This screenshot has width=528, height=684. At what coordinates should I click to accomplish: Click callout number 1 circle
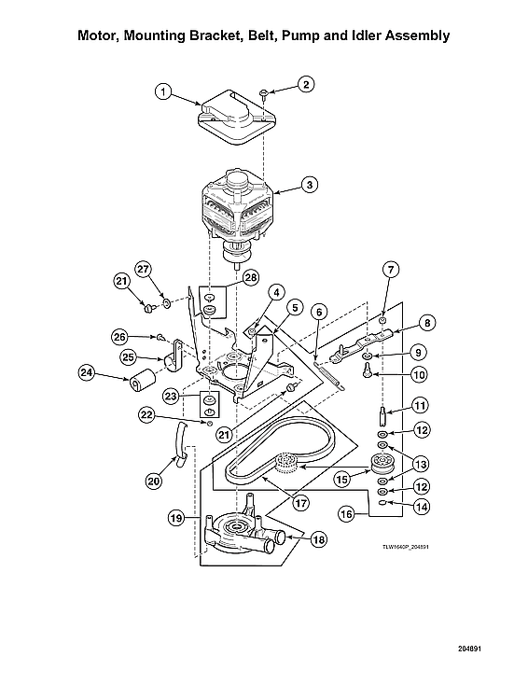pos(163,91)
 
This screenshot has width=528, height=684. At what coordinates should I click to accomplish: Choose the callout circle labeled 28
pos(251,277)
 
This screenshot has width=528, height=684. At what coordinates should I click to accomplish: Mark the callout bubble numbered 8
pos(427,324)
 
